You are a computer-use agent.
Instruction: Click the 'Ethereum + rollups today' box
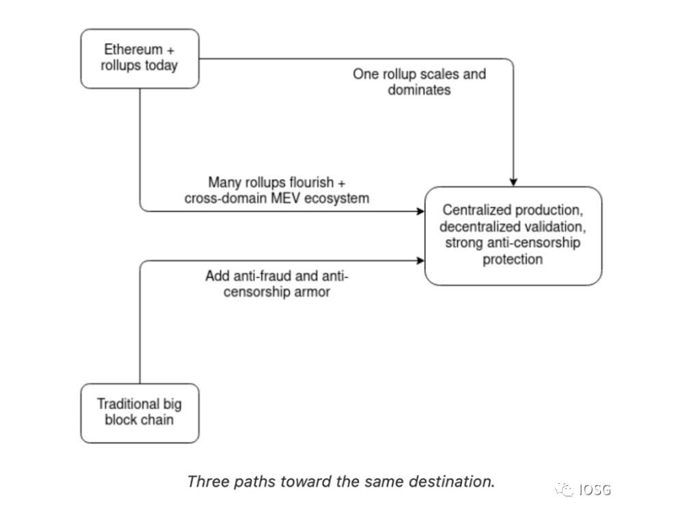click(x=139, y=58)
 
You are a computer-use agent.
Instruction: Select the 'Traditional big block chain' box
click(x=139, y=413)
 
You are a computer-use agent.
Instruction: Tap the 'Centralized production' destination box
click(x=513, y=235)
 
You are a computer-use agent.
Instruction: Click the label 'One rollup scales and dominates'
click(x=419, y=81)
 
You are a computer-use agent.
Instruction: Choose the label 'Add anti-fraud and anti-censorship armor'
click(x=277, y=284)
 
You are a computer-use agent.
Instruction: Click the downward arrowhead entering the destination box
click(x=513, y=181)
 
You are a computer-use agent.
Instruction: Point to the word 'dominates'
click(x=419, y=90)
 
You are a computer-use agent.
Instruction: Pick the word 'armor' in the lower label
click(x=313, y=292)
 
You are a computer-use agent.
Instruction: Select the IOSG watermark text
click(x=594, y=489)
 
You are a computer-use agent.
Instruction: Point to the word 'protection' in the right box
click(x=513, y=259)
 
